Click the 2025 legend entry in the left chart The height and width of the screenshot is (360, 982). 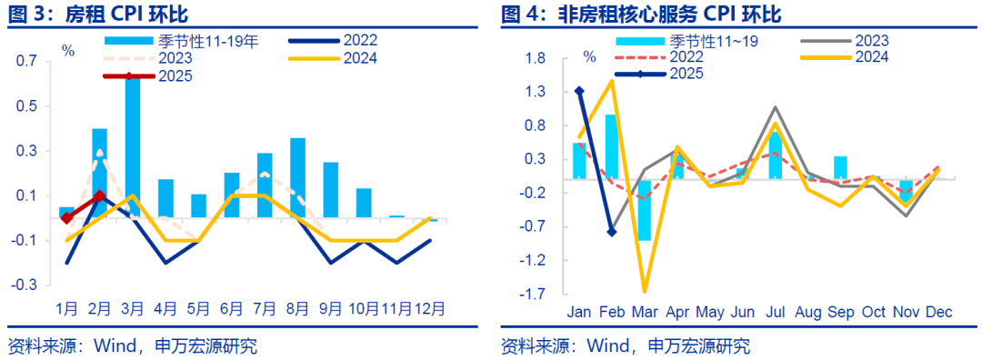pos(173,76)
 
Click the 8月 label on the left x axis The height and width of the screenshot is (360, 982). pos(296,307)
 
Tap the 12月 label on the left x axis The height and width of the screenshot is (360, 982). pos(431,307)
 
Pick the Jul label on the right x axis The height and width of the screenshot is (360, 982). pos(775,312)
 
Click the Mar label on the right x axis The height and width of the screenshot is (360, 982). pos(644,312)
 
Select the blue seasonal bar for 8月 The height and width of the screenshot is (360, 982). pos(297,177)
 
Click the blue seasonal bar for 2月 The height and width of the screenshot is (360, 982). pos(99,173)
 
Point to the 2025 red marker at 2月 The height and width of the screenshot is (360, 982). pos(99,195)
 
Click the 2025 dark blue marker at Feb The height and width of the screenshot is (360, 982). pos(611,233)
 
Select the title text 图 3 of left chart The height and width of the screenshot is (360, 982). pos(24,14)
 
